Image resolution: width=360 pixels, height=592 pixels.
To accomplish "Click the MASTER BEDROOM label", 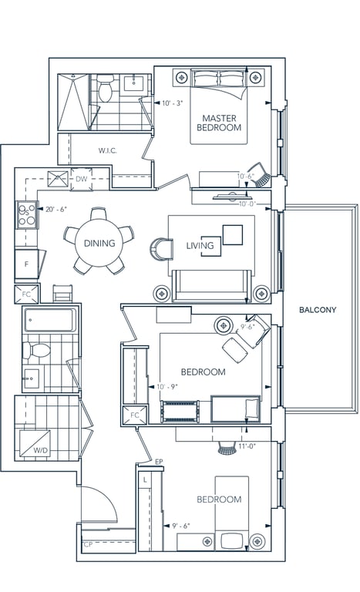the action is (219, 123).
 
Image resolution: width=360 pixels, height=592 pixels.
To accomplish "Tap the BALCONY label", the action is (318, 310).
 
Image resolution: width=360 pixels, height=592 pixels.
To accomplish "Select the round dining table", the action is (99, 243).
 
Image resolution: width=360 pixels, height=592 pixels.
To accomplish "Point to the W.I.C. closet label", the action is (108, 150).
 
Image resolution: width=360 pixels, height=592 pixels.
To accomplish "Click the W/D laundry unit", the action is (35, 443).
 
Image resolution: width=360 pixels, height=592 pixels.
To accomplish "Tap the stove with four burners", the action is (26, 215).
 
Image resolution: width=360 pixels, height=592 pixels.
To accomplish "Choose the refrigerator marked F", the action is (26, 264).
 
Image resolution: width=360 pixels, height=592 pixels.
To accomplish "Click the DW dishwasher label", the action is (81, 179).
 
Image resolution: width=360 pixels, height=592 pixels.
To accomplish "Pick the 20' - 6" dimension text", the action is (56, 209).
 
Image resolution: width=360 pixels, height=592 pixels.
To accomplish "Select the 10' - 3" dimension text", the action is (172, 103).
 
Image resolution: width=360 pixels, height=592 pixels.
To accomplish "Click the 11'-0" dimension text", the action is (247, 446).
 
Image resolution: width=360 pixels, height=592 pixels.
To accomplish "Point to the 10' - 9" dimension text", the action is (167, 387).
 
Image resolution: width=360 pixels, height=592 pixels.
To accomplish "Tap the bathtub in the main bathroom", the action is (49, 320).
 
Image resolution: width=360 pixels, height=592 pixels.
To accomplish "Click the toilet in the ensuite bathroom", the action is (105, 88).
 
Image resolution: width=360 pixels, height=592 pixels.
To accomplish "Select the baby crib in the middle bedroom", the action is (180, 411).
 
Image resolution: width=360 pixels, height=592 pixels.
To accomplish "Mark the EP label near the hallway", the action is (159, 462).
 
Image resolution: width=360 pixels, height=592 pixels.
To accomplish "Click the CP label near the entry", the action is (88, 544).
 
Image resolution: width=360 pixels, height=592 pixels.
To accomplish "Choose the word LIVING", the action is (200, 246).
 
